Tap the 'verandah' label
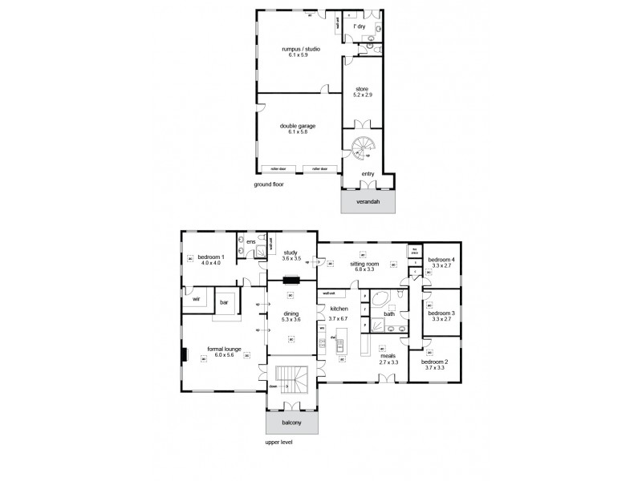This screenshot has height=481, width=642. pyautogui.click(x=368, y=201)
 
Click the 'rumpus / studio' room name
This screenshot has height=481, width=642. pyautogui.click(x=300, y=49)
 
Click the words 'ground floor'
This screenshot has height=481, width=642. pyautogui.click(x=268, y=184)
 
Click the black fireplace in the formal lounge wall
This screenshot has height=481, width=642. pyautogui.click(x=185, y=355)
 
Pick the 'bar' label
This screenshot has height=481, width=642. pyautogui.click(x=226, y=303)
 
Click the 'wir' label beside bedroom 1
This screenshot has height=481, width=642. pyautogui.click(x=196, y=300)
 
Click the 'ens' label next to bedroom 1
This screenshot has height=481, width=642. pyautogui.click(x=251, y=241)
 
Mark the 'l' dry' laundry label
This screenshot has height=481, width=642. pyautogui.click(x=361, y=26)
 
